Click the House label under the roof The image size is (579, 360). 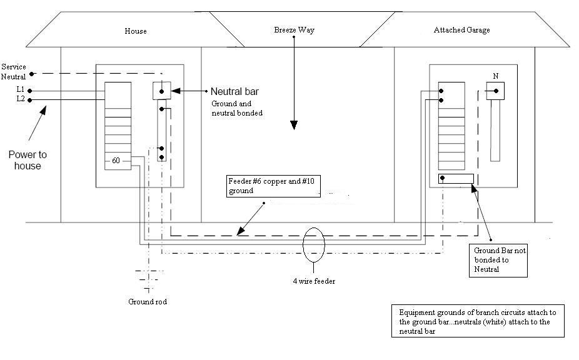(136, 31)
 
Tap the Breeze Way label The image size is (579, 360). (289, 29)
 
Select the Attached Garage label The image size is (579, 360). (462, 29)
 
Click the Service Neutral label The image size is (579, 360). (13, 71)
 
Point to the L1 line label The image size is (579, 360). (21, 89)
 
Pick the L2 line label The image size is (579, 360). (21, 99)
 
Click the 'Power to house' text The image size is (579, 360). (28, 160)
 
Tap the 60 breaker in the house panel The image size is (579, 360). (117, 161)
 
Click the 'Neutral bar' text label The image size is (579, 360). (234, 91)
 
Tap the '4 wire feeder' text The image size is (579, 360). (315, 281)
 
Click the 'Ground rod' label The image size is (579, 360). (148, 301)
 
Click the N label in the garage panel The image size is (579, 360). (495, 76)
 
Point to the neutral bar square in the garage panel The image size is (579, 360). (495, 91)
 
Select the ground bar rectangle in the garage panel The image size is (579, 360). (456, 179)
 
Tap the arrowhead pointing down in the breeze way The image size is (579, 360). (292, 125)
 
